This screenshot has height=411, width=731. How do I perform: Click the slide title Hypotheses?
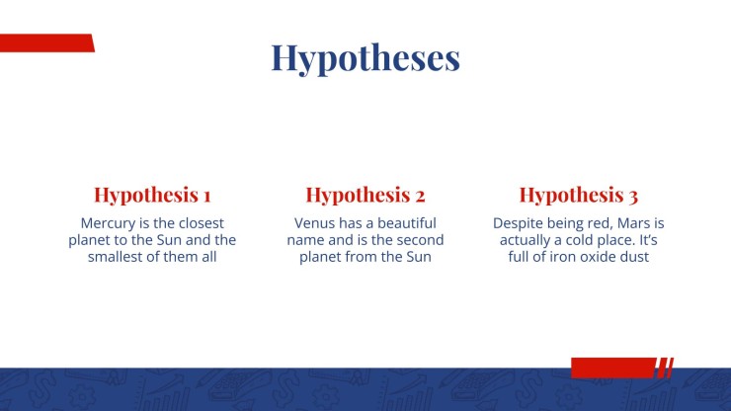pos(365,58)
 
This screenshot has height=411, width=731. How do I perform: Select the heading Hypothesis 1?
pos(152,195)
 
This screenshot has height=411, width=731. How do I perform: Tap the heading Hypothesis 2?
pos(365,195)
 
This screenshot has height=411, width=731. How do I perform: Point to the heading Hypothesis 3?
pos(579,195)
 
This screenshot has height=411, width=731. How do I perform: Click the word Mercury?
pos(108,223)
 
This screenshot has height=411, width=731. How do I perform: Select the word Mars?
pos(633,223)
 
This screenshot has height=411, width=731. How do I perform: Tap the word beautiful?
pos(407,223)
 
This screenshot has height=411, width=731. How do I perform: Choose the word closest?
pos(202,223)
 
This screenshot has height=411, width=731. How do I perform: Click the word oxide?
pos(598,257)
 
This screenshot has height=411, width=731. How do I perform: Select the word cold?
pos(581,240)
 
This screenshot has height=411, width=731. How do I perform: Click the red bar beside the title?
pos(47,42)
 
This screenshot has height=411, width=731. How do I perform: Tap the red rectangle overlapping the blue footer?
pos(613,368)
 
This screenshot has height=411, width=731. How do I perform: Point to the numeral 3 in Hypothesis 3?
pos(632,197)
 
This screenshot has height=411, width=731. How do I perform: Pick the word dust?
pos(635,257)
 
